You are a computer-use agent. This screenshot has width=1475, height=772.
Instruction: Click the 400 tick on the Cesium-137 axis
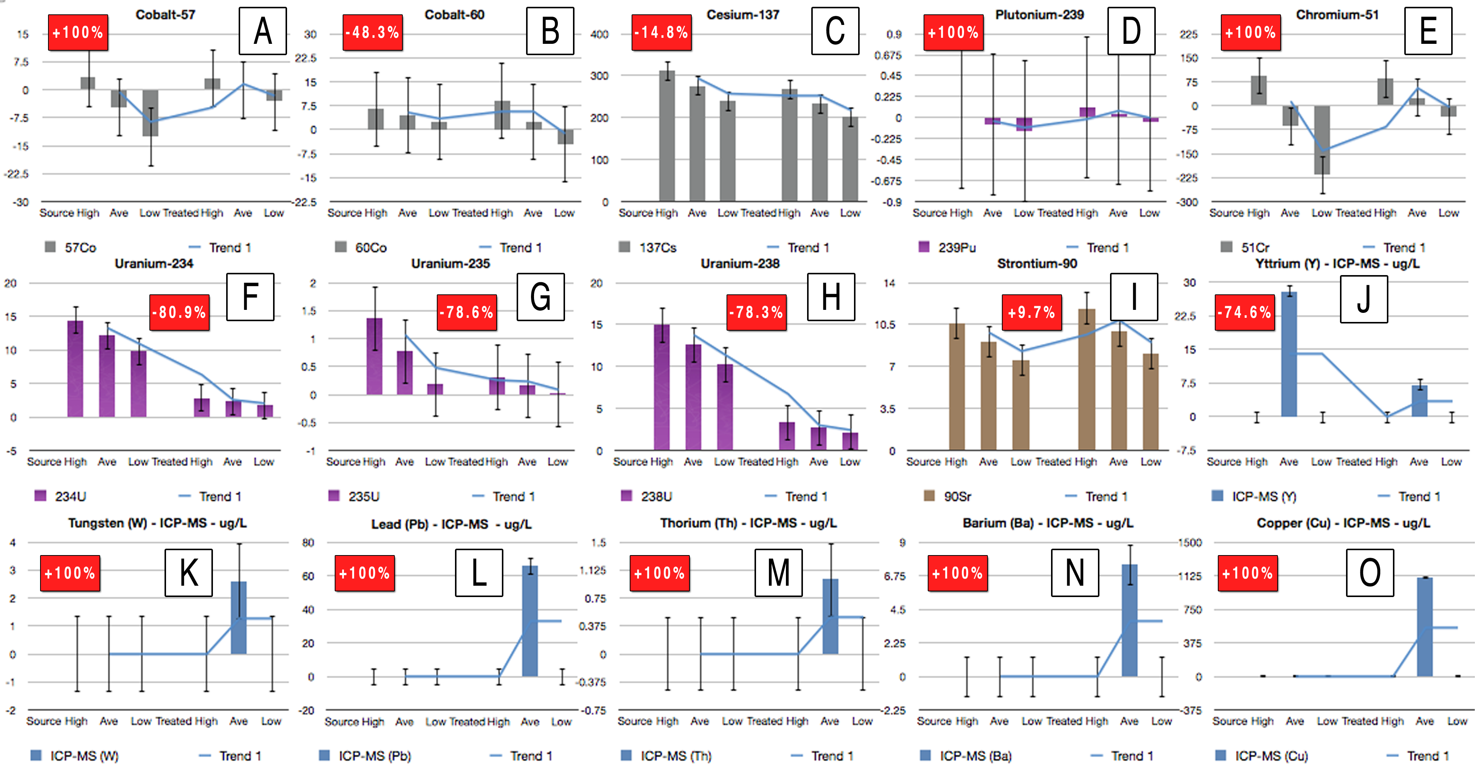click(x=599, y=34)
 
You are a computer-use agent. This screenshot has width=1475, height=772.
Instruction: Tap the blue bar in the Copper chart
click(x=1425, y=627)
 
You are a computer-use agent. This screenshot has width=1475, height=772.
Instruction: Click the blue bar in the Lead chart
click(x=529, y=621)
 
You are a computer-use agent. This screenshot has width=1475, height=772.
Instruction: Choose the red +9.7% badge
click(x=1031, y=313)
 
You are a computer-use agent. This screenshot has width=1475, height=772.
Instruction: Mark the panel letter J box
click(x=1363, y=299)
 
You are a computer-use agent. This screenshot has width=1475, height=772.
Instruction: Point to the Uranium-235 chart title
click(x=450, y=264)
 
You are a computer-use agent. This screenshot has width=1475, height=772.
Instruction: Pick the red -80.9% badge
click(x=179, y=313)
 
